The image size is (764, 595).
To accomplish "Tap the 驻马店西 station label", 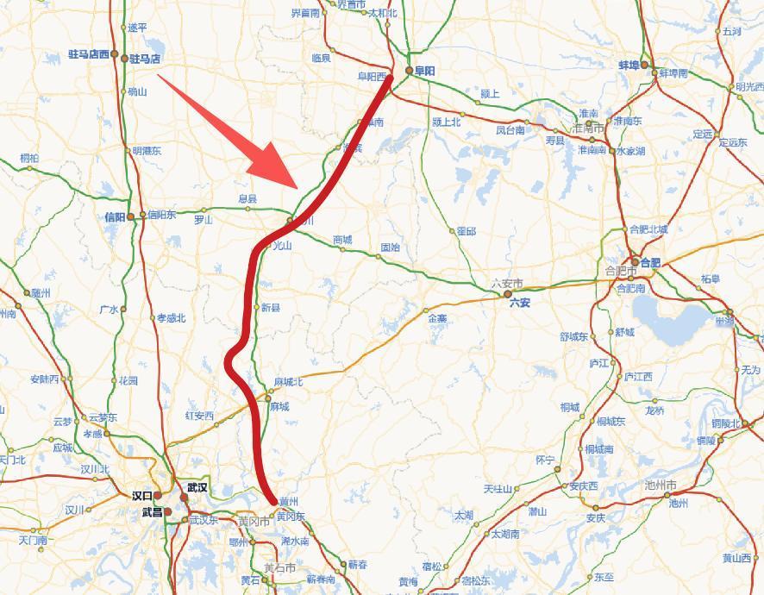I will pyautogui.click(x=88, y=54).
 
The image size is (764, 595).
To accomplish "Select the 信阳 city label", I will pyautogui.click(x=114, y=216).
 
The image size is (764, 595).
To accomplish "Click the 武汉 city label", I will pyautogui.click(x=197, y=487).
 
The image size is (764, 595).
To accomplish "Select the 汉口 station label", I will pyautogui.click(x=141, y=496).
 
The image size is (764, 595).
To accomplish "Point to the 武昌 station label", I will pyautogui.click(x=151, y=511).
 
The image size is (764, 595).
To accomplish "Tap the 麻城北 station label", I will pyautogui.click(x=288, y=381).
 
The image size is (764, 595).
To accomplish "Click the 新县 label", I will pyautogui.click(x=270, y=307).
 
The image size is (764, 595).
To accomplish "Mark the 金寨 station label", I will pyautogui.click(x=437, y=317).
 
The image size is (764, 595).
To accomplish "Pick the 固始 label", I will pyautogui.click(x=390, y=247).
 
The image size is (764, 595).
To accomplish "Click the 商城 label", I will pyautogui.click(x=341, y=240).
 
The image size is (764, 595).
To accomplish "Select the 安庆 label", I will pyautogui.click(x=595, y=518).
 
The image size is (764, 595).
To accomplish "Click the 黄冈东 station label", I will pyautogui.click(x=291, y=517).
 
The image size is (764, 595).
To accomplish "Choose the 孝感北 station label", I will pyautogui.click(x=171, y=317).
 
